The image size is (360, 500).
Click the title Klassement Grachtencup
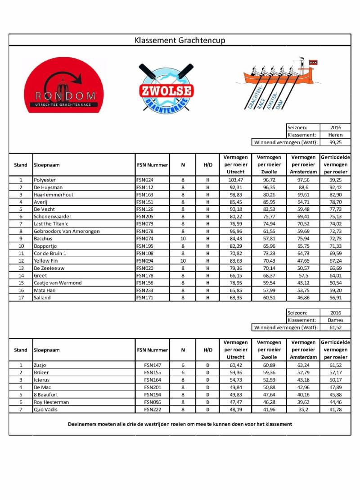point(180,41)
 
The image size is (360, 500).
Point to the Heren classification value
point(335,135)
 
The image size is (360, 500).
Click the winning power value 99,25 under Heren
point(335,142)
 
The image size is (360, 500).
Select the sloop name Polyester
point(45,180)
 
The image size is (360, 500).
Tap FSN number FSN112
point(145,187)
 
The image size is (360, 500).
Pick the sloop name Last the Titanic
point(51,224)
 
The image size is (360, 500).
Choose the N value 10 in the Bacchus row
point(183,239)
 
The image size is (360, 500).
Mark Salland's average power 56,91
point(335,298)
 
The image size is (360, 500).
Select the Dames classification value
point(335,320)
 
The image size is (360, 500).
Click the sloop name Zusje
point(40,365)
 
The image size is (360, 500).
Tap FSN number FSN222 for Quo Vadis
point(153,409)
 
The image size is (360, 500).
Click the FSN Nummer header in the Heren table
point(152,165)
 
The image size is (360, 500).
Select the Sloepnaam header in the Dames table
point(47,350)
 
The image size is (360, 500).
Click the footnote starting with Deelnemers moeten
point(180,424)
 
